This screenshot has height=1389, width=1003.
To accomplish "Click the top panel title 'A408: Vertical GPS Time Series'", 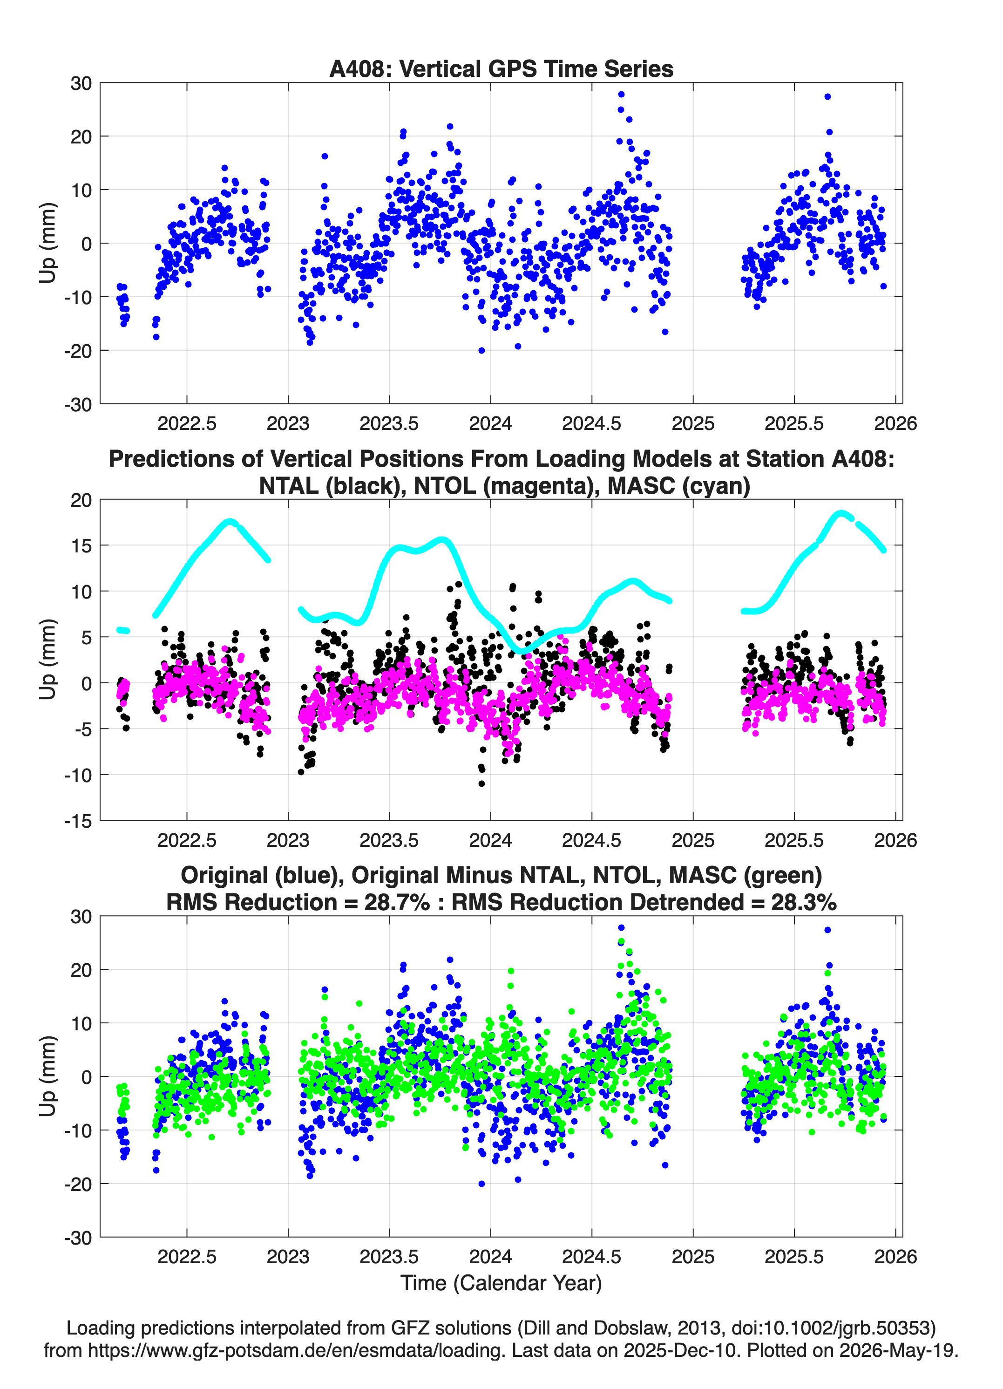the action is click(501, 68).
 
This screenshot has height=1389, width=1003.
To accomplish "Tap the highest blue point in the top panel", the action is click(621, 94).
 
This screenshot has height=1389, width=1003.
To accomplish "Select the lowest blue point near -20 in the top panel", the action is click(481, 350).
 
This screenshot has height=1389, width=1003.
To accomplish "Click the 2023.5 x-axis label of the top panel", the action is click(389, 423).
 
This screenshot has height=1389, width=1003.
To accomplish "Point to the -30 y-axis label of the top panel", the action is click(78, 404).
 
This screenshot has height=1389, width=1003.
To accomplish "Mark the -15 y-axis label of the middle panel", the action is click(78, 821).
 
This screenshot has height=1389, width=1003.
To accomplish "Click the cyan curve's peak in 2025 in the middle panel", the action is click(841, 513).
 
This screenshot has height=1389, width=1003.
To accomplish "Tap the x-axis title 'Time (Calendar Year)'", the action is click(501, 1282).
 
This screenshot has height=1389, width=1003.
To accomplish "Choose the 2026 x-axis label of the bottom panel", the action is click(895, 1257).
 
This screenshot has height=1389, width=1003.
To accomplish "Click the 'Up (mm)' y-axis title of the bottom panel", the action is click(48, 1076).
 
